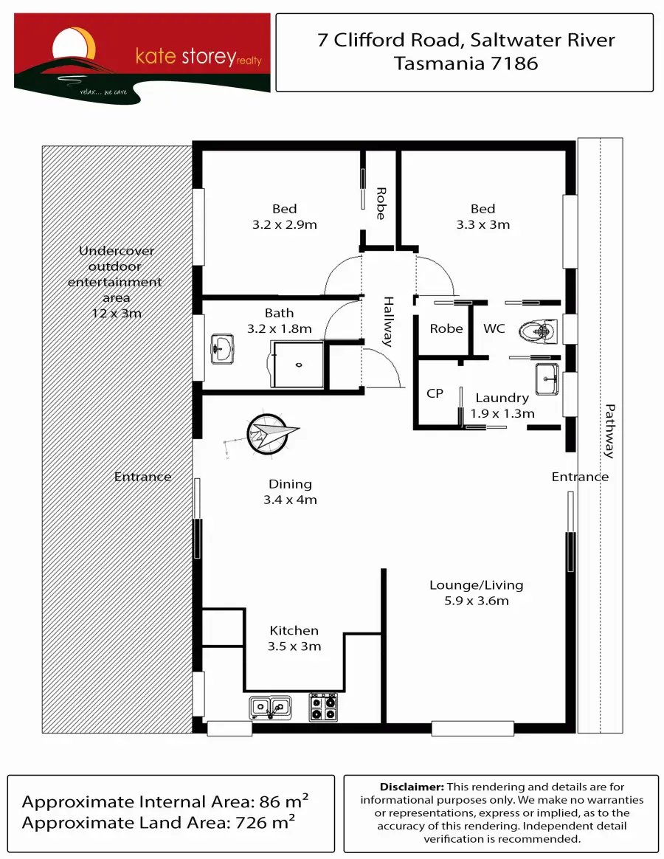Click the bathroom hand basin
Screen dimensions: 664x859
[222, 348]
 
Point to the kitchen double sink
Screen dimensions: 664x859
[269, 708]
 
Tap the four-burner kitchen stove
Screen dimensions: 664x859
[324, 707]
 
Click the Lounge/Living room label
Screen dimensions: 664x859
[477, 593]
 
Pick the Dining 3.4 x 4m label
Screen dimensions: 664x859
[290, 491]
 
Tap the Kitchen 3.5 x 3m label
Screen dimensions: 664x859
[294, 638]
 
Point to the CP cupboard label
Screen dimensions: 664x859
[435, 393]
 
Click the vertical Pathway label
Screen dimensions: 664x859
[609, 431]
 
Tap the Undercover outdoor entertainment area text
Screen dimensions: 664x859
[115, 282]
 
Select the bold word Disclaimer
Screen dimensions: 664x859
[412, 787]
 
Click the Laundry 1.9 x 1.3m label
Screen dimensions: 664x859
[502, 406]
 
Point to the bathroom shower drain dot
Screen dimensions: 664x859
[299, 365]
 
